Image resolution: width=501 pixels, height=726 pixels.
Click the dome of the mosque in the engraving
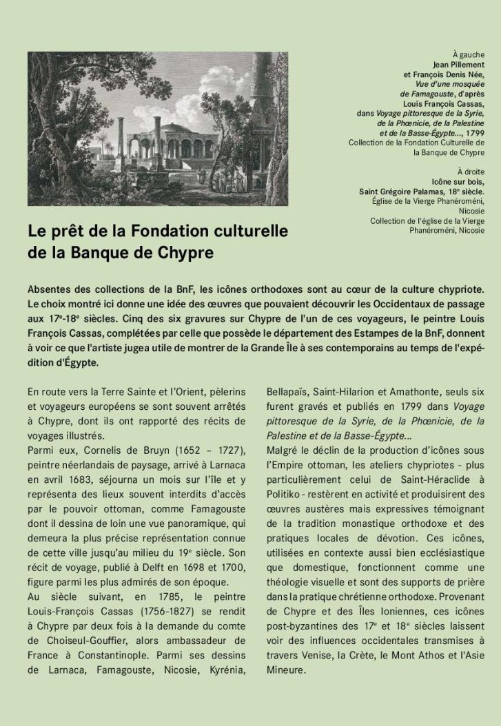167,129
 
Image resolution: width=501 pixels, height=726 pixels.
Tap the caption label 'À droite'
471,171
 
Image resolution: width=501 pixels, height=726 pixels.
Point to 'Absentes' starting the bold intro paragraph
50,287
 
